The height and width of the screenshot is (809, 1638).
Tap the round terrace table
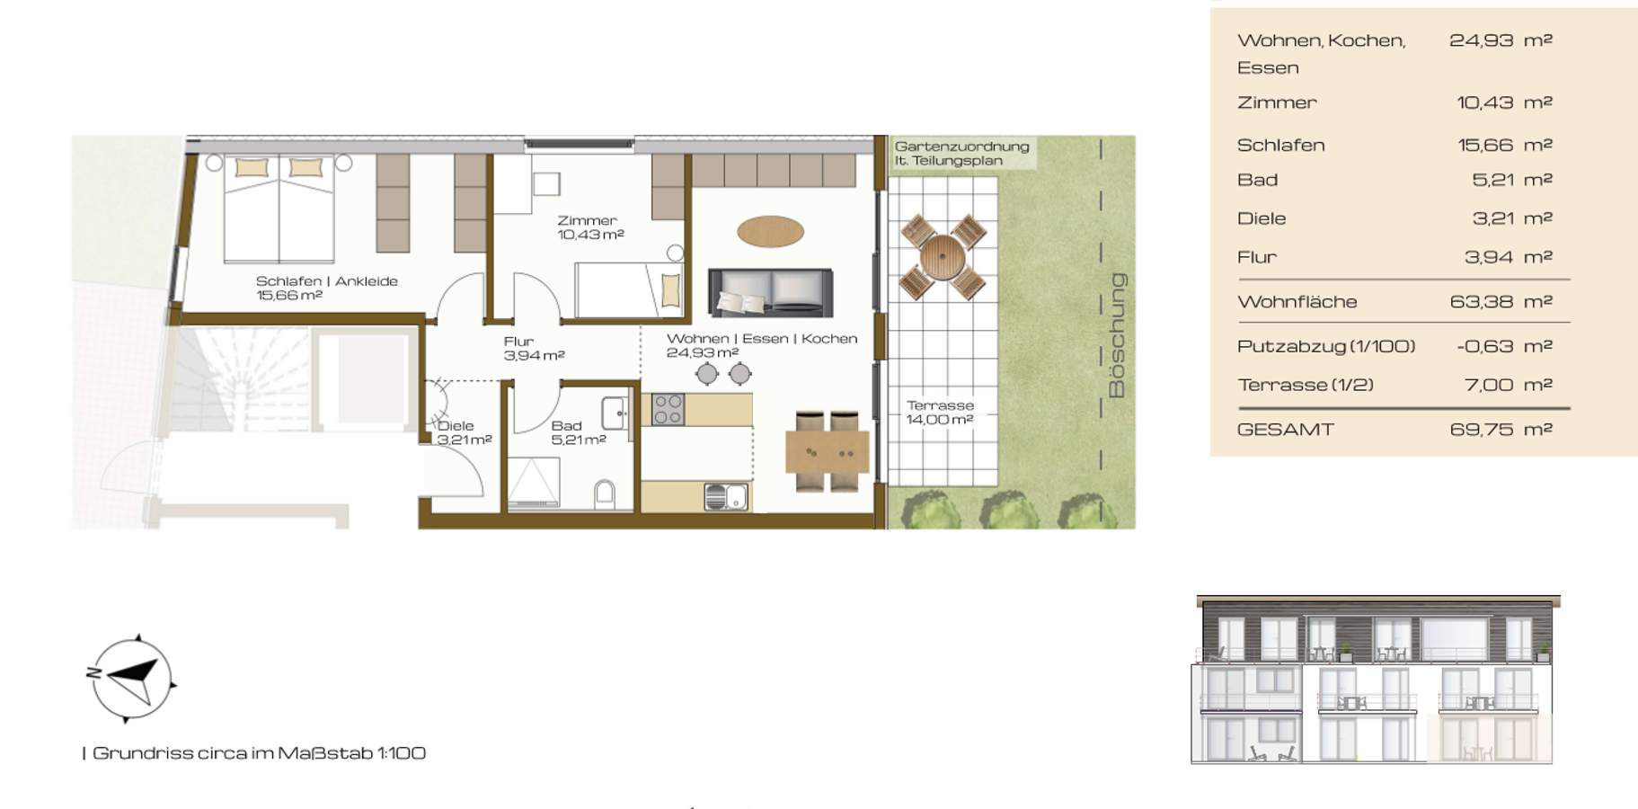(x=942, y=258)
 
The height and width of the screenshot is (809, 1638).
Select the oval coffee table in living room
(x=770, y=231)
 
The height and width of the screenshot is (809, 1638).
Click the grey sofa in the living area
(x=770, y=292)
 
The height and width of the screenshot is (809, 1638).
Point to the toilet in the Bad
(x=605, y=493)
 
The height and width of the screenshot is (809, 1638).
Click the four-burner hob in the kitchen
(x=668, y=409)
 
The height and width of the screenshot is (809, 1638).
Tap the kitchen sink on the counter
(x=726, y=496)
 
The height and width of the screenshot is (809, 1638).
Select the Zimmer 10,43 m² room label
(x=590, y=227)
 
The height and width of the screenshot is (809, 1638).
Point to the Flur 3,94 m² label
(x=534, y=348)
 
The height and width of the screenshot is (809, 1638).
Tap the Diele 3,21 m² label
(x=464, y=432)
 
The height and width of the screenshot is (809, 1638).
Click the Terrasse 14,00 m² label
(x=940, y=413)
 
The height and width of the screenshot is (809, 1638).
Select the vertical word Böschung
(x=1117, y=335)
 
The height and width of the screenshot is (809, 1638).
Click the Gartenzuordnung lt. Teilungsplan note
(x=961, y=153)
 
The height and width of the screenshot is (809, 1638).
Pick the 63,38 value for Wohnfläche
(x=1481, y=302)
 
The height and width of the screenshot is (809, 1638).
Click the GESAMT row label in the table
(x=1285, y=430)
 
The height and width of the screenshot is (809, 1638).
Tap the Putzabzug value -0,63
(x=1485, y=346)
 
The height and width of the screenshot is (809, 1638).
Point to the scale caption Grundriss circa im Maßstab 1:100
(x=254, y=753)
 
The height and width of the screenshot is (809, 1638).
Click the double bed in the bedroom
(x=279, y=209)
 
